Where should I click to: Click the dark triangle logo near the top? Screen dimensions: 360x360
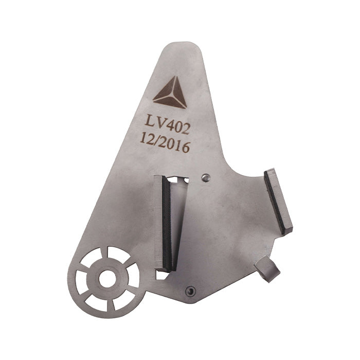[x=170, y=94]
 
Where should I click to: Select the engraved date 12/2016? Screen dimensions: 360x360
[x=164, y=144]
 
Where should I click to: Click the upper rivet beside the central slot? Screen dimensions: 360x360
[x=205, y=178]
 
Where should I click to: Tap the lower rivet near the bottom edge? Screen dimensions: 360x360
[x=191, y=291]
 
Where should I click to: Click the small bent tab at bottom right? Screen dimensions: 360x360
[x=267, y=269]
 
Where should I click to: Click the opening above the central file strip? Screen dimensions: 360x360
[x=178, y=180]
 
